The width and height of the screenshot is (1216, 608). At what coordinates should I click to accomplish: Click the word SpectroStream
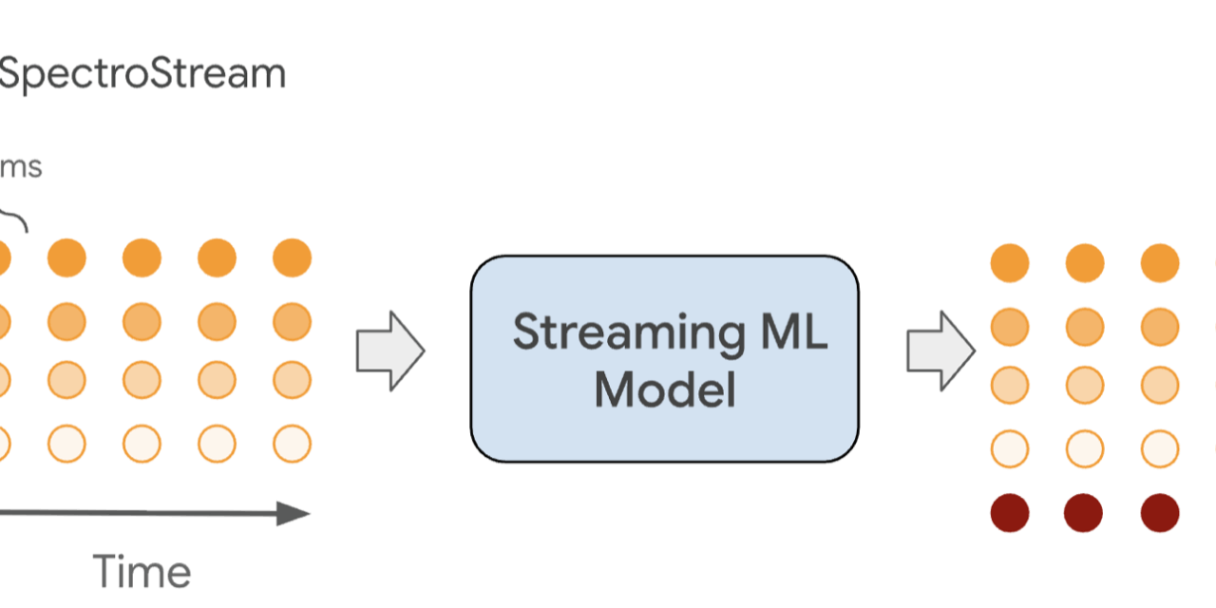click(142, 74)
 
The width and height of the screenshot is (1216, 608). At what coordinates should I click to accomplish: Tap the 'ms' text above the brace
click(21, 167)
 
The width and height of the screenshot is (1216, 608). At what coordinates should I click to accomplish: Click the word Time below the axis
click(142, 572)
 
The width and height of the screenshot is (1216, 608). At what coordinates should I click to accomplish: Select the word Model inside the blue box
click(665, 389)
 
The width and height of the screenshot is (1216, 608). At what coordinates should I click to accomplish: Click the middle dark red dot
click(1084, 513)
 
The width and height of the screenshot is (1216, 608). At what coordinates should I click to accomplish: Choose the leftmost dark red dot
click(1010, 513)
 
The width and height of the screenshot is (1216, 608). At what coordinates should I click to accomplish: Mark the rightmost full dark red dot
click(1159, 513)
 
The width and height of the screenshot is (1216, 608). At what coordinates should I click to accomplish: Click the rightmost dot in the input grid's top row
click(292, 257)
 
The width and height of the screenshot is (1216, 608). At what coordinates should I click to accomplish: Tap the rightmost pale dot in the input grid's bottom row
click(292, 444)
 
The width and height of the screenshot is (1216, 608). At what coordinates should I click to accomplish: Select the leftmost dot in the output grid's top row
click(1010, 263)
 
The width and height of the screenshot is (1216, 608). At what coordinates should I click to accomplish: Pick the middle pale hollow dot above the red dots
click(1084, 447)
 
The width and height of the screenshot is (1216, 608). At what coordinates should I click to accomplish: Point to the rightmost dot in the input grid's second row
click(292, 322)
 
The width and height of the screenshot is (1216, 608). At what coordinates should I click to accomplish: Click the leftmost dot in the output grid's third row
click(1010, 386)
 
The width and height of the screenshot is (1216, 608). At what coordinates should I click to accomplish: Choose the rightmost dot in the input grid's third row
click(292, 380)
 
